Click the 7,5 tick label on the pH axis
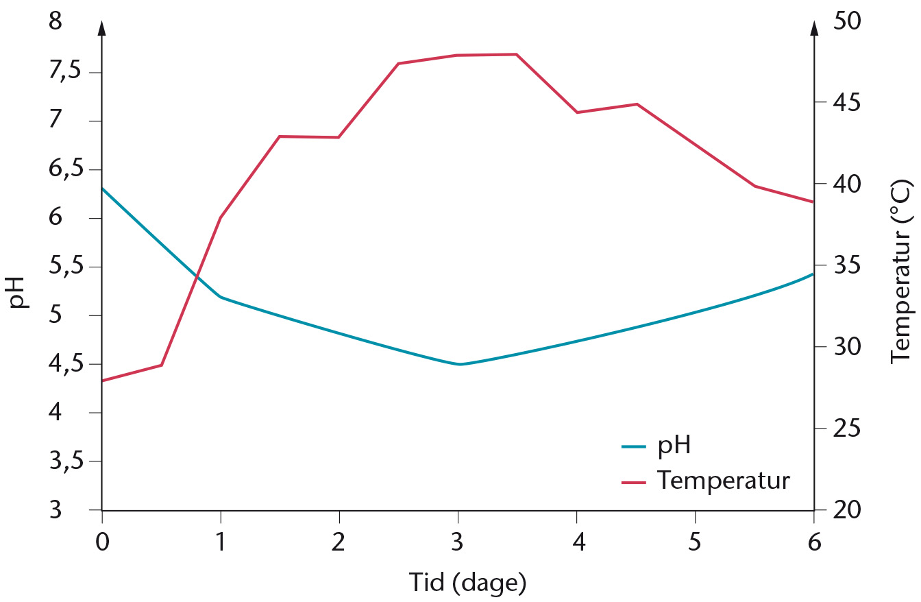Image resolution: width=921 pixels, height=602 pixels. [x=64, y=71]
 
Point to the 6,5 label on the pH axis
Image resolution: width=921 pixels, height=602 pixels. [x=64, y=168]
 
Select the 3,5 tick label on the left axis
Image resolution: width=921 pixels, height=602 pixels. [x=64, y=461]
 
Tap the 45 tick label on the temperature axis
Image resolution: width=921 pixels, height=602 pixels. [x=846, y=102]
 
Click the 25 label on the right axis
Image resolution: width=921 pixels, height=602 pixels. [x=846, y=428]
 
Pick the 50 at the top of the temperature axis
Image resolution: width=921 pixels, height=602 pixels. [x=846, y=21]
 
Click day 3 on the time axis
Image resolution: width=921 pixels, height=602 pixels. [x=457, y=542]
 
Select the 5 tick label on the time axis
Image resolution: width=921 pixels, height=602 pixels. [x=694, y=542]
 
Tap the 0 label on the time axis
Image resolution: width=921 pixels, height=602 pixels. [x=102, y=542]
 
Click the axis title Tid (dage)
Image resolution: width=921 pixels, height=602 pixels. [x=467, y=583]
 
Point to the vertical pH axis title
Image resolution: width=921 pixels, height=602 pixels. [x=18, y=292]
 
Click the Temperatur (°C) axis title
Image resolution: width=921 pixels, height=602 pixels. [x=902, y=272]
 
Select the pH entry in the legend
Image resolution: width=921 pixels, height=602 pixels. [x=656, y=446]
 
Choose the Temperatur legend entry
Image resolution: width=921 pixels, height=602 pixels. [x=706, y=480]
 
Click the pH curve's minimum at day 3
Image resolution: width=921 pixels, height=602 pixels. [x=460, y=364]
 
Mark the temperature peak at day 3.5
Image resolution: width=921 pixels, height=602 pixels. [x=516, y=54]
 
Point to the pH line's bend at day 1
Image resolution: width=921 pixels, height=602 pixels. [x=221, y=297]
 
